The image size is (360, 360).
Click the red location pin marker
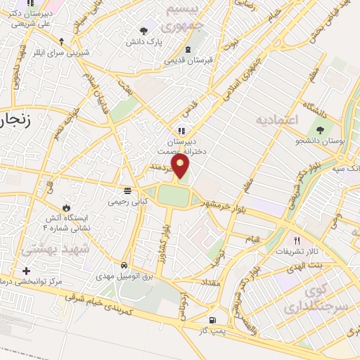pyautogui.click(x=181, y=166)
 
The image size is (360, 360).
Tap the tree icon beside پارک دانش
pyautogui.click(x=144, y=30)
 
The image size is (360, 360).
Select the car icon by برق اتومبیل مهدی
pyautogui.click(x=124, y=265)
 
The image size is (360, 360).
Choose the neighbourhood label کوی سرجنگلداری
pyautogui.click(x=309, y=300)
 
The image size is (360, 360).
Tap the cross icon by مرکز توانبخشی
pyautogui.click(x=27, y=270)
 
